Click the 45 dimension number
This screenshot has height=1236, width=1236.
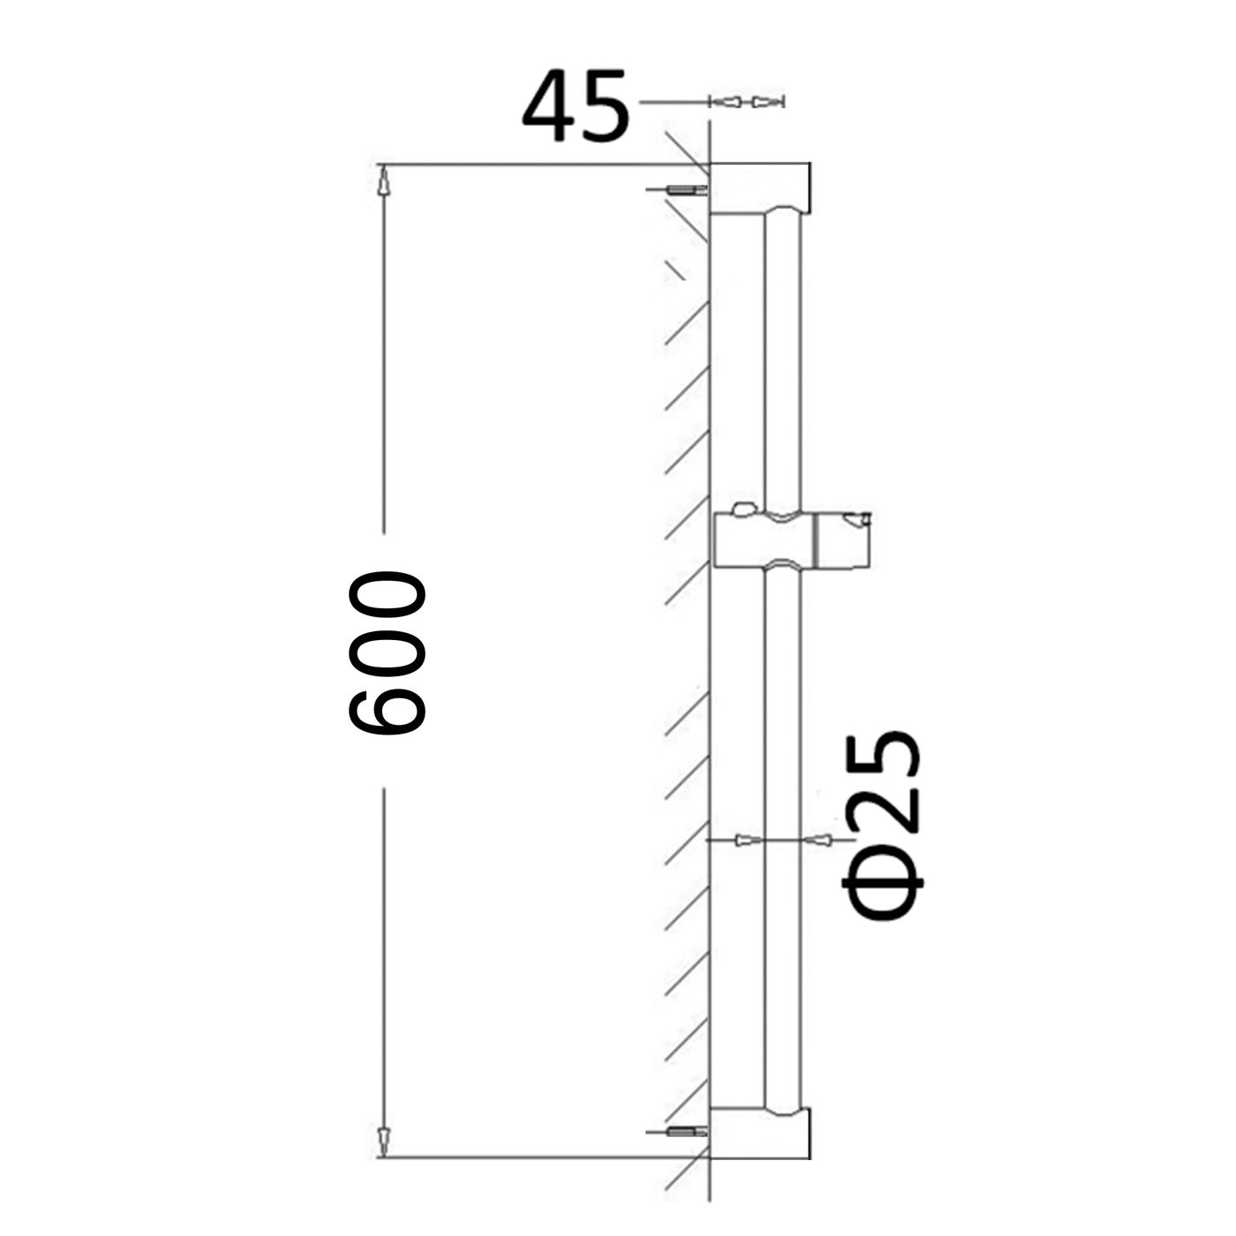point(576,106)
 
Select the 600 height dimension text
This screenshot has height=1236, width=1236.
point(387,653)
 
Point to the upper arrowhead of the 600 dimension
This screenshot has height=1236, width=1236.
point(383,181)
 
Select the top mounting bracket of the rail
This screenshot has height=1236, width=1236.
point(761,189)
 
